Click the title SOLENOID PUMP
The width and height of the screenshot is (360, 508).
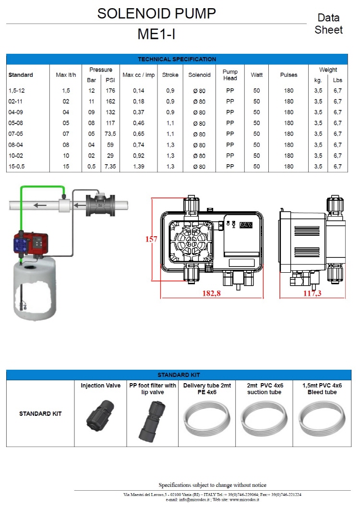(156, 13)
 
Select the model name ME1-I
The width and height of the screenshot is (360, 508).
(156, 35)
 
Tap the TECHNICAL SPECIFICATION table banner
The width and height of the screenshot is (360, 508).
(177, 59)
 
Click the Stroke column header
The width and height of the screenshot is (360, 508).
(170, 75)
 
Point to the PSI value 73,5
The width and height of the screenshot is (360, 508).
(110, 134)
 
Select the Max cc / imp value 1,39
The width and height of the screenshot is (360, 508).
(138, 167)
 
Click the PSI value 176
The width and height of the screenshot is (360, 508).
(110, 91)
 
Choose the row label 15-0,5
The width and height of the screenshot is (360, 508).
(17, 167)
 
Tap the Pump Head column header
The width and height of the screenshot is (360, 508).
(230, 75)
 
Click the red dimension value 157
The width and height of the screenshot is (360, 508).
(152, 239)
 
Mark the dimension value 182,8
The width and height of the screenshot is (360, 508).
(212, 293)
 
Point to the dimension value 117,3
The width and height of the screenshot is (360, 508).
(312, 293)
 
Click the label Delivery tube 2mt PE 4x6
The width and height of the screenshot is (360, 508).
(207, 389)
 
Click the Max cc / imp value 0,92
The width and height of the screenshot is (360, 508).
(138, 156)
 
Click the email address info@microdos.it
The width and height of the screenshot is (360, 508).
(192, 500)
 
